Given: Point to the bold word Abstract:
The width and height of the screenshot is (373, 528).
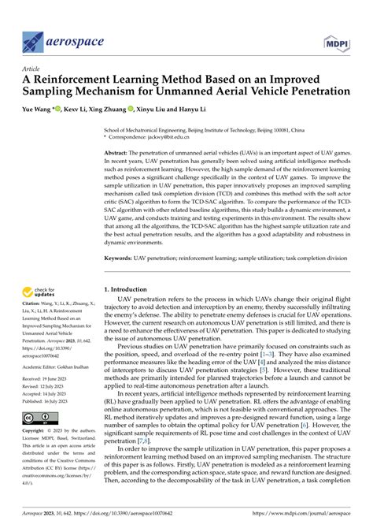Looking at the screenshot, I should coord(119,154).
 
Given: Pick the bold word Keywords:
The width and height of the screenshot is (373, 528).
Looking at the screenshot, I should coord(121,235).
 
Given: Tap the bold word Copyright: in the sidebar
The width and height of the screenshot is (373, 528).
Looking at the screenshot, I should coord(35,432).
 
